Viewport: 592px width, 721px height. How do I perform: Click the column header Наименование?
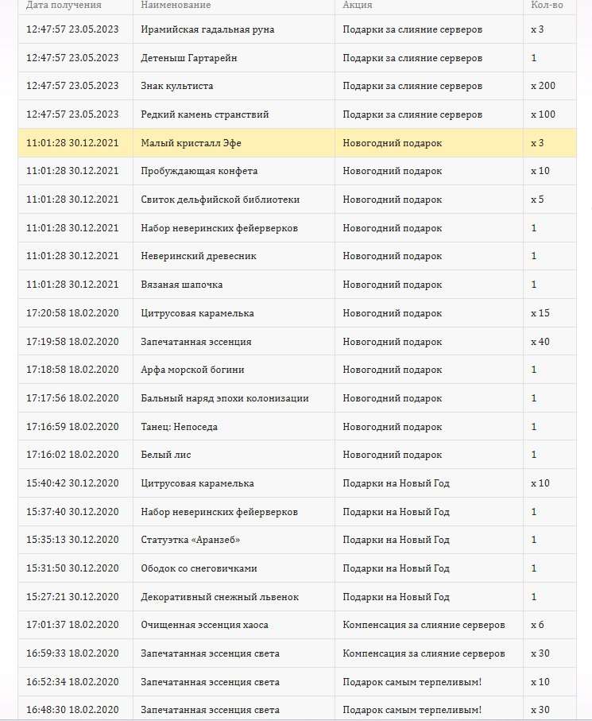[176, 6]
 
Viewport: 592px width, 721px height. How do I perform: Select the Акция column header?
[358, 6]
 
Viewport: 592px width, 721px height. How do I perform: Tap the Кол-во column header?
[547, 6]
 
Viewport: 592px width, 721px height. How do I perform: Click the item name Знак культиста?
[176, 86]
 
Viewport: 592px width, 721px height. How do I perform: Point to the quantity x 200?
[543, 86]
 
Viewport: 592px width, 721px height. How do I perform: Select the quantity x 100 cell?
[543, 114]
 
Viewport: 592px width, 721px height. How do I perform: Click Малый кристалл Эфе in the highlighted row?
[191, 143]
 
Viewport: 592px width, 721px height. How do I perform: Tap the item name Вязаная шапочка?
[181, 285]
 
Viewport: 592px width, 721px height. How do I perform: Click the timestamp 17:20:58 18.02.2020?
[72, 313]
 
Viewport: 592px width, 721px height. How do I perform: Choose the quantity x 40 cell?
[540, 342]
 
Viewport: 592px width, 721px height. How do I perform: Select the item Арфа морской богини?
[192, 370]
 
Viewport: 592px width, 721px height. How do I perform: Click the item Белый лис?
[165, 455]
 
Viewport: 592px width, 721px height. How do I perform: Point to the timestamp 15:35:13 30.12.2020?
[72, 540]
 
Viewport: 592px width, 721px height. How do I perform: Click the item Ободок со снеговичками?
[199, 568]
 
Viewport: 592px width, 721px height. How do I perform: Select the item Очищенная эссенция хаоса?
[209, 625]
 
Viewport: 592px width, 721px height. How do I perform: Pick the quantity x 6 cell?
[537, 625]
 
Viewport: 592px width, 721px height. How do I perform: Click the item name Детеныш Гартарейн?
[188, 58]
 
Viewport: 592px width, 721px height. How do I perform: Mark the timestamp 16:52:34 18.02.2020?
[72, 682]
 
